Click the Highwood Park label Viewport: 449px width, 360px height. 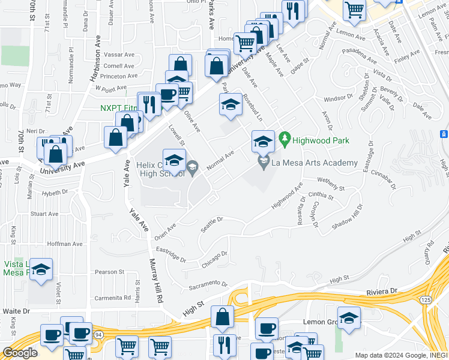point(321,141)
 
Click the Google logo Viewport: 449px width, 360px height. point(20,353)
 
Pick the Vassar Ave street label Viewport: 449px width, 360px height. point(119,54)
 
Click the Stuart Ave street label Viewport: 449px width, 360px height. point(44,214)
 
